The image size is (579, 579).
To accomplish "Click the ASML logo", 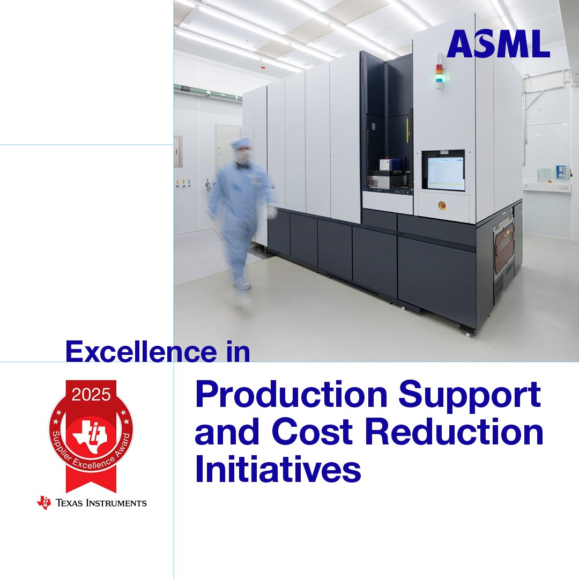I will [498, 44].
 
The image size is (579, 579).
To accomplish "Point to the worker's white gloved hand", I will [272, 212].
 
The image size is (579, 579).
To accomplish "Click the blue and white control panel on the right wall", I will [561, 172].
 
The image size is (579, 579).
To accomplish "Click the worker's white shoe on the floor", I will [242, 284].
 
